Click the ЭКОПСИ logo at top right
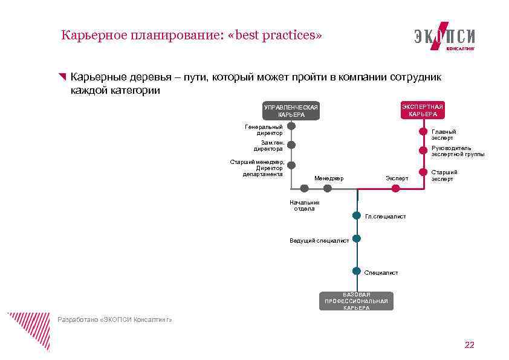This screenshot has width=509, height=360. point(444,37)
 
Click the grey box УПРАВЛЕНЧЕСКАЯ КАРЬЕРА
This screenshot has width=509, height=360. point(291,111)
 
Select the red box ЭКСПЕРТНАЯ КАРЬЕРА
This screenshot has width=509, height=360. point(422,110)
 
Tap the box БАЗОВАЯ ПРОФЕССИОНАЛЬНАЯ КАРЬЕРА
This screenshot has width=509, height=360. point(356,301)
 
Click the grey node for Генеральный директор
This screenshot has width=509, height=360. point(291,126)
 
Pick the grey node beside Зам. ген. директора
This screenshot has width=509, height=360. point(291,145)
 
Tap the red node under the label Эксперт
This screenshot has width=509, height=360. point(395,188)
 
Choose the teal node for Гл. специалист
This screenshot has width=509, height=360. point(357,215)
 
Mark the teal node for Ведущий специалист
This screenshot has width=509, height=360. point(357,238)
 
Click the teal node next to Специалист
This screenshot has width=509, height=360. point(357,270)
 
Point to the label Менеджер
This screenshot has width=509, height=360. point(329,178)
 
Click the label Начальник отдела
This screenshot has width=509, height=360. point(304,206)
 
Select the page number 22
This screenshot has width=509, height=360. point(469,345)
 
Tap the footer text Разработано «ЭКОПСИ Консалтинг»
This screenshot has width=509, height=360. point(115,319)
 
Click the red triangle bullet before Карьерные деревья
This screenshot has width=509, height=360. point(62,77)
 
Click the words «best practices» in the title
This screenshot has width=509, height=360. point(274,35)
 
